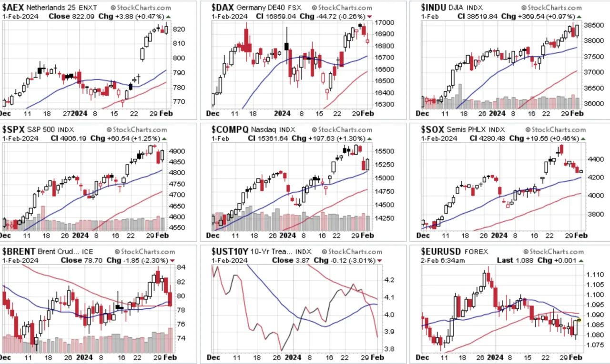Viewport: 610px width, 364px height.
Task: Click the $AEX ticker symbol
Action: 13,7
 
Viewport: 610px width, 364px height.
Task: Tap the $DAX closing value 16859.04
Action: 281,17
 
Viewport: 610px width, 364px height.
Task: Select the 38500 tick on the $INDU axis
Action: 594,25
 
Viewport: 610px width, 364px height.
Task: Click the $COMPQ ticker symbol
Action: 230,129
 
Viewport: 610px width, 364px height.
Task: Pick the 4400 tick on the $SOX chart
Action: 594,159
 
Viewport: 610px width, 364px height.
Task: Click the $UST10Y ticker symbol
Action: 230,251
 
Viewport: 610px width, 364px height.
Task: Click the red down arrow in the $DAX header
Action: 369,17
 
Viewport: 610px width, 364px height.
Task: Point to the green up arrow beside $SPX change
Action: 164,138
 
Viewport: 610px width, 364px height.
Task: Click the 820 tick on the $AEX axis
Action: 179,29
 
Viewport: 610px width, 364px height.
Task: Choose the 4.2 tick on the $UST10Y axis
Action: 389,280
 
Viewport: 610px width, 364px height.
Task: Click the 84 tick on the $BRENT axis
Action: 181,267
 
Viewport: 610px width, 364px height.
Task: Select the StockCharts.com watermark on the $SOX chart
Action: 555,130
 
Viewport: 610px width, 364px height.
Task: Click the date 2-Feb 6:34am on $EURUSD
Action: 443,260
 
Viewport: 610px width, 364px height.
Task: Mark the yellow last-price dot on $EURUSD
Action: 579,320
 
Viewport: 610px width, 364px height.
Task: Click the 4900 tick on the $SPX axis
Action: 177,151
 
